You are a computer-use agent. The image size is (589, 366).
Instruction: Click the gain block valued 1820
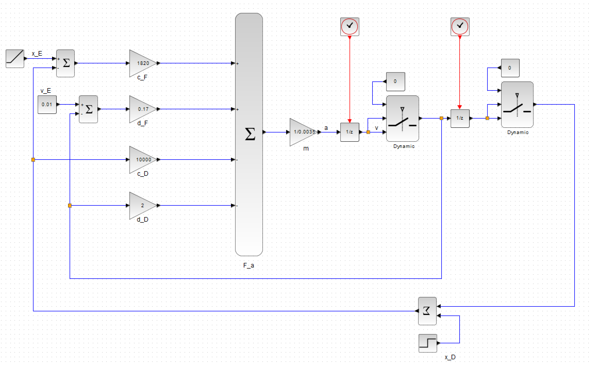click(x=143, y=63)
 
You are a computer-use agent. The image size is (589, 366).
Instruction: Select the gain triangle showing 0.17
click(x=143, y=109)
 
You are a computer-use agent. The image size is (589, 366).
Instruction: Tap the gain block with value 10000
click(x=143, y=160)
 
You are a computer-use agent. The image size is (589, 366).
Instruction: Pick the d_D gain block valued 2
click(x=143, y=206)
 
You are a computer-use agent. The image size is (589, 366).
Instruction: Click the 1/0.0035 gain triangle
click(x=303, y=132)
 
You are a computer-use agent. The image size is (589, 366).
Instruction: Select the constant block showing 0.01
click(x=47, y=104)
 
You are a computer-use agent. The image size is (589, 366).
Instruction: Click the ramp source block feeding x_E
click(x=15, y=59)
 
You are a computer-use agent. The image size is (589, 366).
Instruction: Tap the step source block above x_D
click(x=428, y=343)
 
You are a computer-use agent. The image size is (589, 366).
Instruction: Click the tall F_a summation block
click(x=249, y=135)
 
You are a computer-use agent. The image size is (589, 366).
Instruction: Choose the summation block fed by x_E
click(x=65, y=63)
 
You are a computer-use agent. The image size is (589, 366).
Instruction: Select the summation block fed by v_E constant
click(x=88, y=109)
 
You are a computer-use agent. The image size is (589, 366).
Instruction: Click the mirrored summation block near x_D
click(x=427, y=311)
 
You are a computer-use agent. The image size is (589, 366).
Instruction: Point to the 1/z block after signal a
click(x=350, y=132)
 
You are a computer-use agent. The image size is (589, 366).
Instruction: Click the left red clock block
click(x=350, y=27)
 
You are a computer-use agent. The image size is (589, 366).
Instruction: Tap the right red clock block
click(x=460, y=27)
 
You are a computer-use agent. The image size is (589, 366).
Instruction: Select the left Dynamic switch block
click(x=403, y=119)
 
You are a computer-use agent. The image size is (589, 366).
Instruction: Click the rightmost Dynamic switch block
click(x=517, y=105)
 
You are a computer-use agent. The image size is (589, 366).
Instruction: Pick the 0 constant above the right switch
click(x=510, y=68)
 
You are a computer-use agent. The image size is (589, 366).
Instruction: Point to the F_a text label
click(x=249, y=265)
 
